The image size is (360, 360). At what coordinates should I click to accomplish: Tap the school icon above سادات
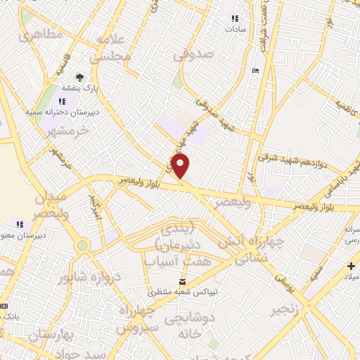tap(235, 18)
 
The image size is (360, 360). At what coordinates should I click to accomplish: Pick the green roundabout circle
tap(83, 245)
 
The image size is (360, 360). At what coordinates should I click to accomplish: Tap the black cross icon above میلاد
tap(351, 266)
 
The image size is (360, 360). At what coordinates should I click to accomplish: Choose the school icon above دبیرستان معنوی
tap(20, 224)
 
